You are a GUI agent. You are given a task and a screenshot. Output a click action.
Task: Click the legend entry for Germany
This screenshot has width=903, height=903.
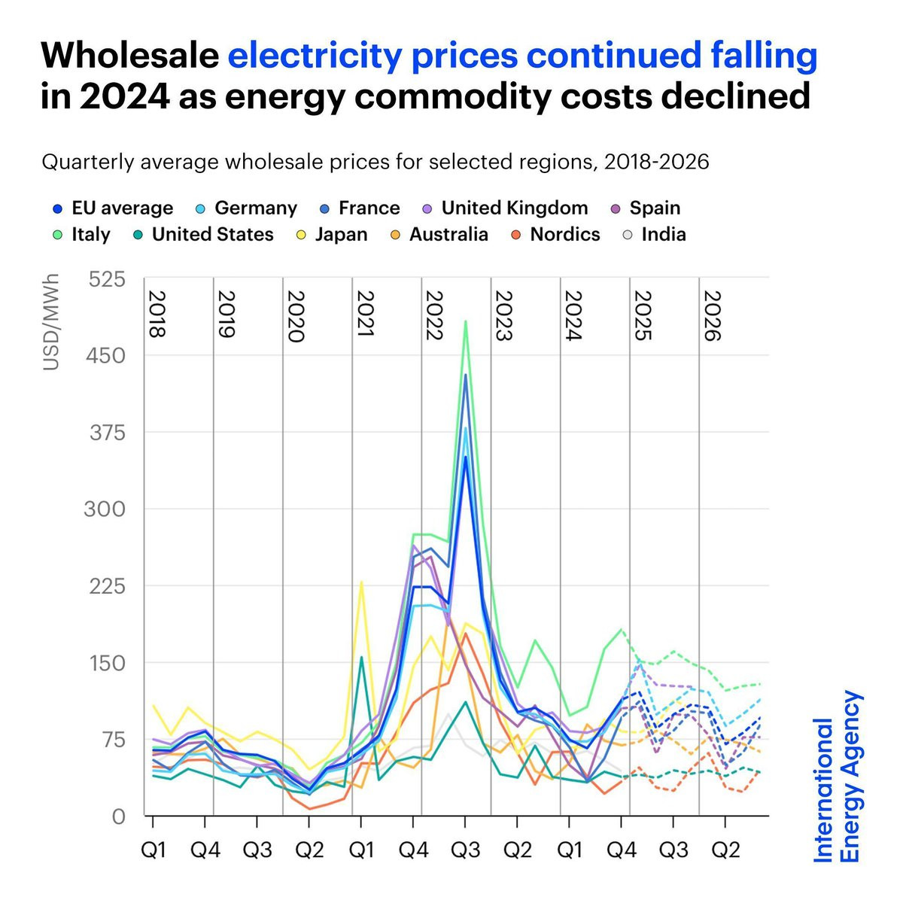(x=255, y=208)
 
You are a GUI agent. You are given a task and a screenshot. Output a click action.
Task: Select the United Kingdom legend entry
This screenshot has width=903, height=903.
(x=514, y=208)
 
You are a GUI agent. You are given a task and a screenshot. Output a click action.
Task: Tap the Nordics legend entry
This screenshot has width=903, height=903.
(x=564, y=235)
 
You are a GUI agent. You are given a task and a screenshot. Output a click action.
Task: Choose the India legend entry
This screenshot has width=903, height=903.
(x=663, y=235)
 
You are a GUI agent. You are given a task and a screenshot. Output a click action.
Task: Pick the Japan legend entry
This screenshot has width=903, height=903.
(x=341, y=235)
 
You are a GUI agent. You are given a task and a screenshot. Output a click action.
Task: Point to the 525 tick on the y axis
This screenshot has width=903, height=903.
(x=107, y=280)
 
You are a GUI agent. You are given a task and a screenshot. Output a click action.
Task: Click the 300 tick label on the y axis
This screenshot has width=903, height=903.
(x=107, y=509)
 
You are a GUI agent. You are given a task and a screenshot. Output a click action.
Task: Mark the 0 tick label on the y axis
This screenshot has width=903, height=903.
(x=118, y=816)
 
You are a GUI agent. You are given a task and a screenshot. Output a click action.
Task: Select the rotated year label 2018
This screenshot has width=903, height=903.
(x=157, y=315)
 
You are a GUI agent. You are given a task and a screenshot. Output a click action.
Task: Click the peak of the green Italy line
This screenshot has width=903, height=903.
(x=466, y=321)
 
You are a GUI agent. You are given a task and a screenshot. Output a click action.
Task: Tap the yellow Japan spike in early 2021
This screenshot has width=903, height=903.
(x=361, y=582)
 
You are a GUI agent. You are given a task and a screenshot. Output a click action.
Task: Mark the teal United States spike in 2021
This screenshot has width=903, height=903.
(x=361, y=657)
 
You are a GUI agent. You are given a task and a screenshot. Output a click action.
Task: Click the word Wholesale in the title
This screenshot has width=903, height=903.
(x=129, y=56)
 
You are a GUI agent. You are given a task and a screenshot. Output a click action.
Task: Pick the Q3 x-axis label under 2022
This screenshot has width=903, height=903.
(x=465, y=850)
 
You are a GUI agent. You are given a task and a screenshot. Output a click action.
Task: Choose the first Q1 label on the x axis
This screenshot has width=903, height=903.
(x=154, y=850)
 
